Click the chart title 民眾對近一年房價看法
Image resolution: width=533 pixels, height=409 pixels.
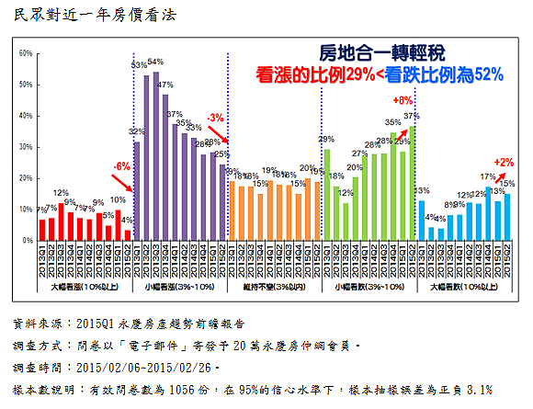click(x=92, y=16)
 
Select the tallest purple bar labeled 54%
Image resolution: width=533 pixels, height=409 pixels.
click(x=156, y=156)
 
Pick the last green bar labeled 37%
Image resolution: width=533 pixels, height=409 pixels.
click(x=412, y=183)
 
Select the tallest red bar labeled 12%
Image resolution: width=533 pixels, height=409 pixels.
click(x=62, y=222)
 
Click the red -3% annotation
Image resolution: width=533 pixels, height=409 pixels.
click(x=215, y=119)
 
